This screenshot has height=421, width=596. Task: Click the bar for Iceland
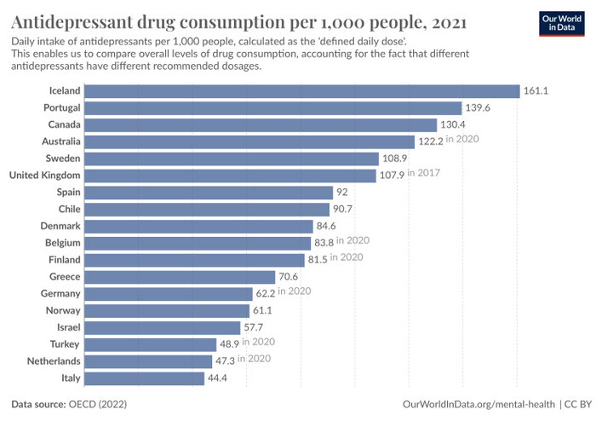302,91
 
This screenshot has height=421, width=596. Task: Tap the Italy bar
145,378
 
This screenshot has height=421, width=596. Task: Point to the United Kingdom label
44,176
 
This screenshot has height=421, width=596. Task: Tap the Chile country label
69,209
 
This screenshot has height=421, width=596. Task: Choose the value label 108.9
396,159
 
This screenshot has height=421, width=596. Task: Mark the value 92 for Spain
343,193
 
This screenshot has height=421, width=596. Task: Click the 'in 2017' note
424,174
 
